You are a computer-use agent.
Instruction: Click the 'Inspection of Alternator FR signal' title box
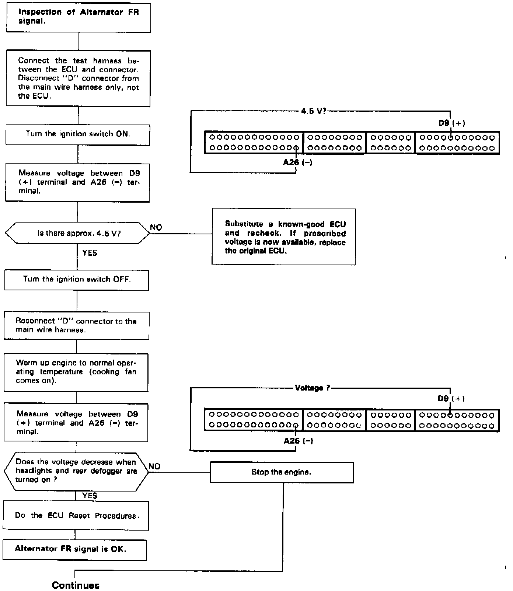pos(78,17)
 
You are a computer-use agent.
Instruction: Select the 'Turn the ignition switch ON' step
pos(78,134)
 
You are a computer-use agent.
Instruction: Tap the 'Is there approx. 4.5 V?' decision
pos(78,233)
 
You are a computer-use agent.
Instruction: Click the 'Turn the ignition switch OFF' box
pos(77,280)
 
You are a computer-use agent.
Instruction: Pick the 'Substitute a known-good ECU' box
pos(284,237)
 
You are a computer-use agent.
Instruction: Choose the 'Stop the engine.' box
pos(282,472)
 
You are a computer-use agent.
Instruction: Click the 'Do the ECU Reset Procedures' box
pos(76,516)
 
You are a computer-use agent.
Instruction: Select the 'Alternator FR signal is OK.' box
pos(75,549)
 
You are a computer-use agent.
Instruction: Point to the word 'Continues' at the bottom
pos(76,585)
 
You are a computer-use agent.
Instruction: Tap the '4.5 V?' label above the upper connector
pos(314,111)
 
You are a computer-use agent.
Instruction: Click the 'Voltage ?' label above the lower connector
pos(313,388)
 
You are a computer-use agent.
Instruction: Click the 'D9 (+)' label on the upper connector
pos(451,123)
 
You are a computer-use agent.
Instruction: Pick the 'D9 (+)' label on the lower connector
pos(451,398)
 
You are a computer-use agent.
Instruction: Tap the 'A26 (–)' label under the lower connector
pos(298,441)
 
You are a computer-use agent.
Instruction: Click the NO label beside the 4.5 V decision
pos(156,227)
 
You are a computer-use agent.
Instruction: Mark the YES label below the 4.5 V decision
pos(90,253)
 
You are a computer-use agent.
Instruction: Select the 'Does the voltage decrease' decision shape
pos(76,471)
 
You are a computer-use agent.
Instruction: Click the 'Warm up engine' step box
pos(76,372)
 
